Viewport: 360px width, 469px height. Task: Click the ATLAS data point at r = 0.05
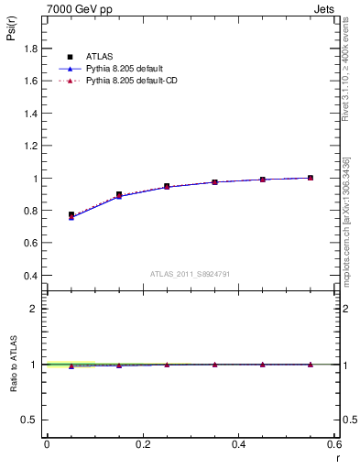(71, 215)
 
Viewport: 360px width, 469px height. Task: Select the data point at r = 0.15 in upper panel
(119, 194)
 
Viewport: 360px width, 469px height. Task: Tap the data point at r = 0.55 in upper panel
(311, 178)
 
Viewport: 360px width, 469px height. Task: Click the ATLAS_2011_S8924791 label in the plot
(191, 274)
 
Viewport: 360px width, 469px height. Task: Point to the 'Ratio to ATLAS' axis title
(13, 365)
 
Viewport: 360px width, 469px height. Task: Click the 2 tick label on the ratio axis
(34, 309)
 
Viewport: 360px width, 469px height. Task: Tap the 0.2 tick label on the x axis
(143, 444)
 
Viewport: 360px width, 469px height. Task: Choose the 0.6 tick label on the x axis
(335, 444)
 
